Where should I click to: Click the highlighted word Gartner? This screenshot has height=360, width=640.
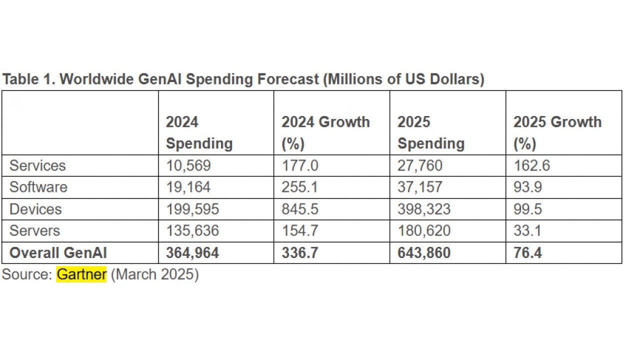coord(81,274)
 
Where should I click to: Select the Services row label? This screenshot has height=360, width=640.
coord(37,165)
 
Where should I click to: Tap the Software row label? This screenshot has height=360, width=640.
coord(38,187)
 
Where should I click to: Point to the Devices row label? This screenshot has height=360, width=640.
coord(35,209)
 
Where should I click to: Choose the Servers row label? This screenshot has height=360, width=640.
coord(34,230)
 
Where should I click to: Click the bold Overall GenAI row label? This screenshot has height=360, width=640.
coord(58,252)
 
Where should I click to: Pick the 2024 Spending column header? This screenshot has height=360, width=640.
coord(199,132)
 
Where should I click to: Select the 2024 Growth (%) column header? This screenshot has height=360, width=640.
coord(325,132)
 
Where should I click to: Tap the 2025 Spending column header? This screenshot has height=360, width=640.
coord(430,132)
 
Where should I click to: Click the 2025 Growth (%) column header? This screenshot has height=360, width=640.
coord(557,132)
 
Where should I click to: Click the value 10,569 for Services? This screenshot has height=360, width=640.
coord(188,165)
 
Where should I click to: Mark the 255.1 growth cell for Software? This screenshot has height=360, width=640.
coord(300,187)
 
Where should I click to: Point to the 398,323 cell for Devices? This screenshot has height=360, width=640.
coord(424,209)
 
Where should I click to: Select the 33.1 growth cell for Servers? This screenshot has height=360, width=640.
coord(528,230)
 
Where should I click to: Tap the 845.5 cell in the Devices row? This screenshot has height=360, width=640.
coord(300,209)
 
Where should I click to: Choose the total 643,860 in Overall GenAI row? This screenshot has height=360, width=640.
coord(424,252)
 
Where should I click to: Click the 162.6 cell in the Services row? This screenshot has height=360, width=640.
coord(532,165)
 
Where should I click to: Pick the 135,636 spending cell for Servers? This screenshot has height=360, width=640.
coord(192,230)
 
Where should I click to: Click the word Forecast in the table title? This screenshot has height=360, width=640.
coord(287,79)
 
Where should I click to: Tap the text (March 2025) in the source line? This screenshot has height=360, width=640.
coord(154,274)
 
